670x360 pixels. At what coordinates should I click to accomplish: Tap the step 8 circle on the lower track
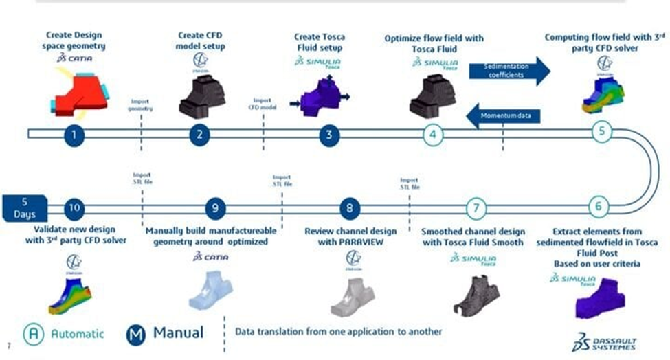click(350, 207)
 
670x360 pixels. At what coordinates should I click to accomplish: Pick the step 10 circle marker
click(74, 207)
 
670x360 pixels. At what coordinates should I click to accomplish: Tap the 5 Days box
click(23, 207)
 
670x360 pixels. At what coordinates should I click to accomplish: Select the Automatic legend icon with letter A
click(34, 333)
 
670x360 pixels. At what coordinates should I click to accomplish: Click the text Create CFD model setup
click(199, 41)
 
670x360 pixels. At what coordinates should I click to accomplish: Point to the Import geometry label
click(142, 104)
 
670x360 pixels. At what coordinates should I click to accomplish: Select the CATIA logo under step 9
click(208, 257)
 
